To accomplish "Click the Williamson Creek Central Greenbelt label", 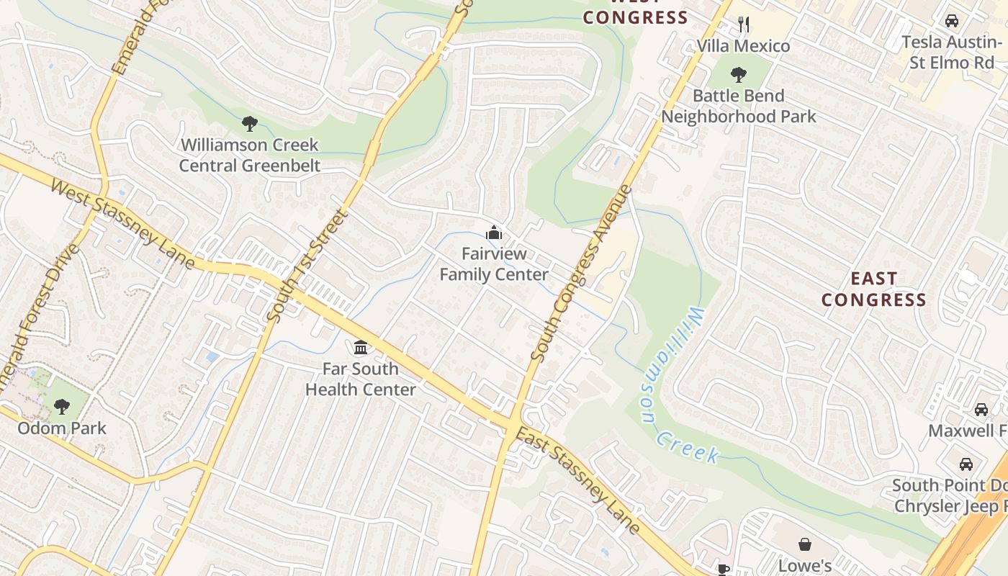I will tap(249, 155).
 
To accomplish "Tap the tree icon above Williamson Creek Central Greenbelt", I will tap(249, 124).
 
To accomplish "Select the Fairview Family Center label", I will tap(494, 264).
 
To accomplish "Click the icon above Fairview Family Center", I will tap(494, 233).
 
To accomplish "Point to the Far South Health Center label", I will tap(360, 379).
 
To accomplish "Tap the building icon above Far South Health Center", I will tap(361, 348).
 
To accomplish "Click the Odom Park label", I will tap(62, 428).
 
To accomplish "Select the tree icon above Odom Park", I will tap(62, 407).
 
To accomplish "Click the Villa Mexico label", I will tap(743, 46).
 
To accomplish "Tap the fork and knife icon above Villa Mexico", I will tap(744, 24).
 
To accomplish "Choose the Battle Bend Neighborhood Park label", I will tap(739, 106).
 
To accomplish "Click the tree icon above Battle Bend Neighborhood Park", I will tap(738, 74).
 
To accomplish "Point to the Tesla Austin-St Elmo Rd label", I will tap(951, 52).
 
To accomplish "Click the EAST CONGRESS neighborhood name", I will tap(873, 289).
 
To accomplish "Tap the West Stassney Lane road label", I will tap(122, 223).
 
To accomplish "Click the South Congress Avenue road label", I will tap(581, 274).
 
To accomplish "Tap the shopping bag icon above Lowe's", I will tap(805, 544).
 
